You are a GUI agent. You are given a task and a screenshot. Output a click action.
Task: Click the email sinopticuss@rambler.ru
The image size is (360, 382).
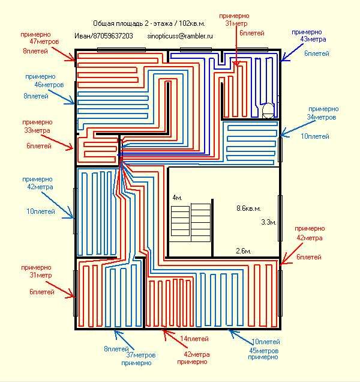pos(180,36)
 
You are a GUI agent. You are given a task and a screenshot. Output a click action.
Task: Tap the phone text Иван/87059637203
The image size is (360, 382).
pos(104,36)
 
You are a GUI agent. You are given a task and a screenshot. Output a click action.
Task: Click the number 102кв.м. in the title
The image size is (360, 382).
pos(196,22)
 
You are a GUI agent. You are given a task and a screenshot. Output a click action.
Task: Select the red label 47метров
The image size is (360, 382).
pos(40,42)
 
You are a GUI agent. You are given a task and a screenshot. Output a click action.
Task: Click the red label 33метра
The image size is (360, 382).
pos(36,130)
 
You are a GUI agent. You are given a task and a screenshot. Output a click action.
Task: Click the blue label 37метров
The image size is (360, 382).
pos(140,356)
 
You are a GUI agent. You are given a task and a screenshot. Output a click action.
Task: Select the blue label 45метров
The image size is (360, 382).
pos(264,350)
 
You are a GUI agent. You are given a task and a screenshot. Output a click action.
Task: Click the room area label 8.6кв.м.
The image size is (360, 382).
pos(248,208)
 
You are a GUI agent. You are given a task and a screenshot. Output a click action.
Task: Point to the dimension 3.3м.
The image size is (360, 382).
pos(268,222)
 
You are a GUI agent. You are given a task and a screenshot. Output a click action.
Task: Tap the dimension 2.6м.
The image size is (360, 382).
pos(242,250)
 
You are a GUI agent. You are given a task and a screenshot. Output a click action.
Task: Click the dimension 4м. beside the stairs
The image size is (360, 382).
pos(177,198)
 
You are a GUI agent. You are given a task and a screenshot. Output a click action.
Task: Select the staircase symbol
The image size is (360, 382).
pos(191,222)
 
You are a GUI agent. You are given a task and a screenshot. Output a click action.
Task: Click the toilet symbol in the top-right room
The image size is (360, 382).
pos(268,110)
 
